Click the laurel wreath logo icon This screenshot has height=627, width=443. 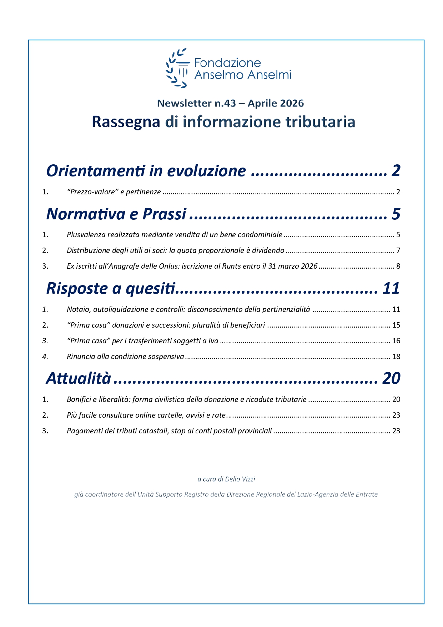[x=177, y=68]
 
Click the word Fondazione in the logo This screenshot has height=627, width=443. [x=227, y=63]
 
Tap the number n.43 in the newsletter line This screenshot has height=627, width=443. [x=225, y=103]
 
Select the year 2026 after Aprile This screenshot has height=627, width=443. [x=292, y=103]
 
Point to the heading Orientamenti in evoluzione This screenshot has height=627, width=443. [x=146, y=171]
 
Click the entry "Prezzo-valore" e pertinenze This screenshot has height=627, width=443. [x=114, y=192]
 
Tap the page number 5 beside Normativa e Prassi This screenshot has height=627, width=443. [x=396, y=214]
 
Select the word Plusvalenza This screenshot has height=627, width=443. [x=86, y=235]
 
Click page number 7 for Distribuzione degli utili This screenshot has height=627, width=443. [x=398, y=250]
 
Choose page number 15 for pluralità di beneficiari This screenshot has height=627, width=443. [x=396, y=325]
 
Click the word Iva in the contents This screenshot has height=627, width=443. [x=213, y=341]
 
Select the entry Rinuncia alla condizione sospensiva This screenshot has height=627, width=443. [x=125, y=357]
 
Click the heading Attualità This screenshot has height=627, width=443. [x=79, y=378]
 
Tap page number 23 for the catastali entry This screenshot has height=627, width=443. [x=396, y=431]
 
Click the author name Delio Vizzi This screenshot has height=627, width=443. [x=240, y=479]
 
